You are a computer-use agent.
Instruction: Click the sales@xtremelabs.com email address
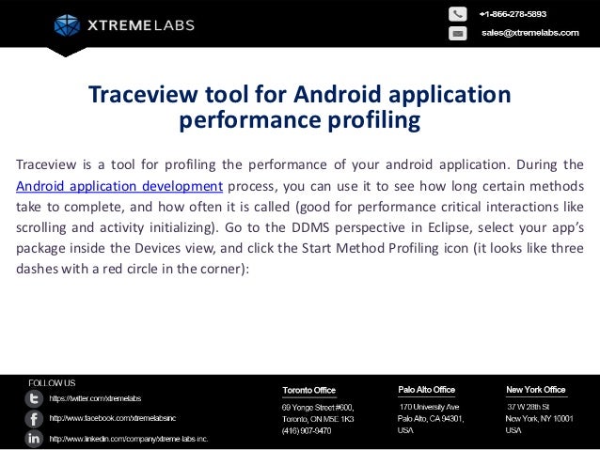coord(529,33)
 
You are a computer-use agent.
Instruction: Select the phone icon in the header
coord(457,14)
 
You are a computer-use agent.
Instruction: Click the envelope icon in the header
coord(457,33)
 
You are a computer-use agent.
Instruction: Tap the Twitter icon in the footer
coord(34,398)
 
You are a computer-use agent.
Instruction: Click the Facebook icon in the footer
coord(34,418)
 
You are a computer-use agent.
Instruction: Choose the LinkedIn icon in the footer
coord(34,439)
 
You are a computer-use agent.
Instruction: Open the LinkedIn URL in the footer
coord(129,439)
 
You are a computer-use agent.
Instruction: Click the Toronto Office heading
coord(309,390)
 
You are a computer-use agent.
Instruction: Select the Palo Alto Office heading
coord(426,389)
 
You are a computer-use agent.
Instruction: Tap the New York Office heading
coord(535,389)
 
